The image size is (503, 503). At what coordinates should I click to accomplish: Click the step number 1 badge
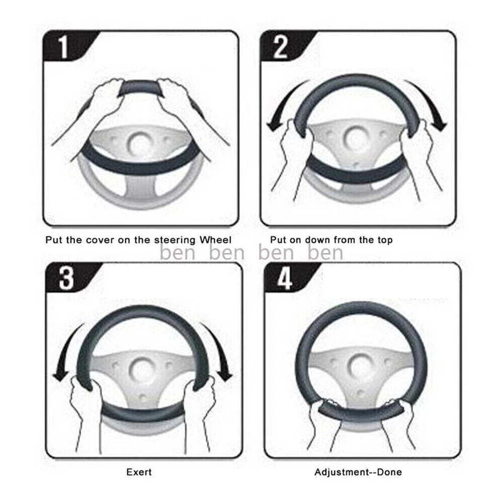click(x=63, y=47)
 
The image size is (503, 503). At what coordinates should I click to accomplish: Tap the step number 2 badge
click(x=280, y=47)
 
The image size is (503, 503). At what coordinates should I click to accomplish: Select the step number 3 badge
click(x=66, y=278)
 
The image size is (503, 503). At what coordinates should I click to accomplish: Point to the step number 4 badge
click(x=285, y=279)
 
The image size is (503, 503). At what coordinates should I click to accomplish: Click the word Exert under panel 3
click(x=139, y=472)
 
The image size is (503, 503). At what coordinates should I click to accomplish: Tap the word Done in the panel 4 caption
click(x=390, y=472)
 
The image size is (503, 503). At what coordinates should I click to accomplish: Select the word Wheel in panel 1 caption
click(x=215, y=240)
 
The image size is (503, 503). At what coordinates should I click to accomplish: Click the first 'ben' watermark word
click(x=177, y=253)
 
